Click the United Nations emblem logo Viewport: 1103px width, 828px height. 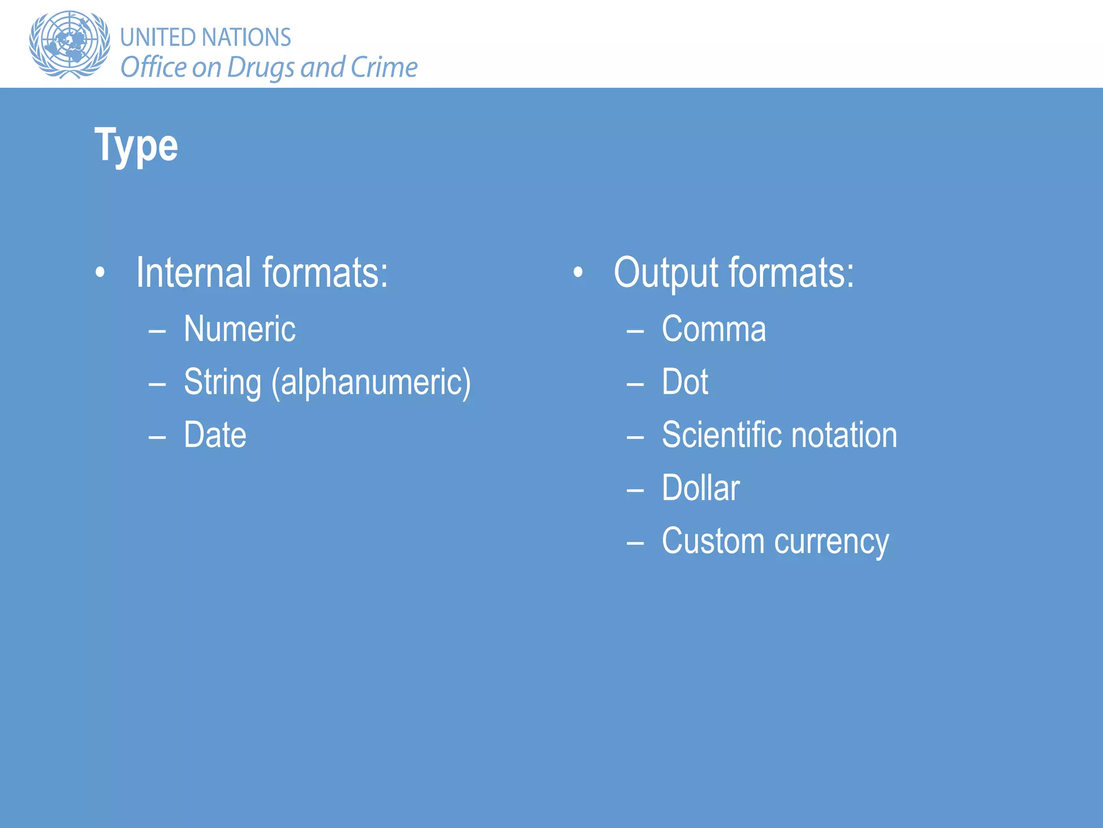69,44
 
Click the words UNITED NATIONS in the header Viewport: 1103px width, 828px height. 205,38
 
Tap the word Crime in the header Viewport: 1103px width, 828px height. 384,67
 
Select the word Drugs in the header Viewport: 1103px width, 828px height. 261,68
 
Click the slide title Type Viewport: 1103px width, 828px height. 136,146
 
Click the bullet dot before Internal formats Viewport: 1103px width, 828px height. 100,273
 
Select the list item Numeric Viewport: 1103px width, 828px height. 240,329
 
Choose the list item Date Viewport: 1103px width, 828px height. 215,434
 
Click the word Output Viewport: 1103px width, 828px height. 666,273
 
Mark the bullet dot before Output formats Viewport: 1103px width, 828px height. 578,273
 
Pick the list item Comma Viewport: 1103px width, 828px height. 714,329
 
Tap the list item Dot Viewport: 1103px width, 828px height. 685,382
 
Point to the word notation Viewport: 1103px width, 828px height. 844,434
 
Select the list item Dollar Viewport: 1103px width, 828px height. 701,488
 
